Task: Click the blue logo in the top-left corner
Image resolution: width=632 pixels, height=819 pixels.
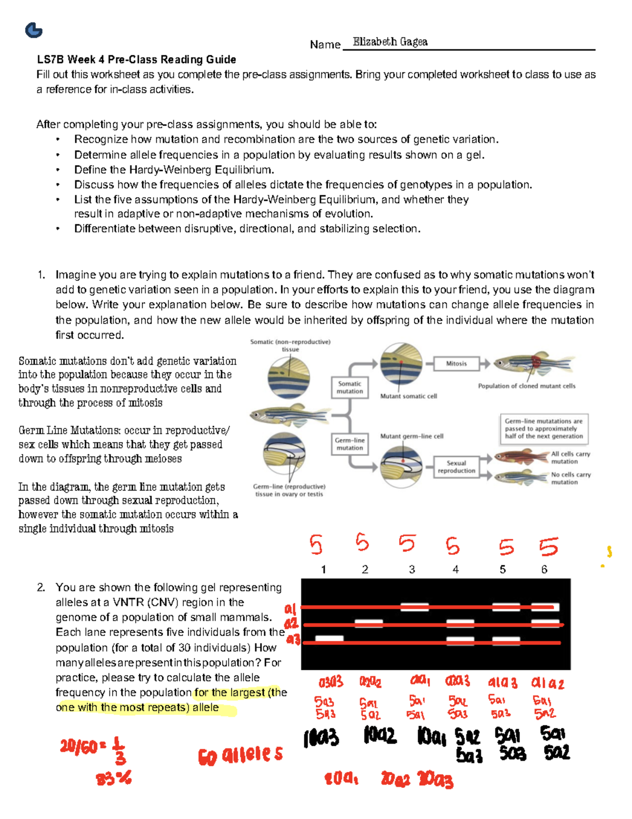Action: [x=34, y=30]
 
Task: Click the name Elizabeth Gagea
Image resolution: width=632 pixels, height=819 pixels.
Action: [x=390, y=42]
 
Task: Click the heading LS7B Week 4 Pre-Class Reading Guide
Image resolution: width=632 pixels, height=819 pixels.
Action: [x=136, y=60]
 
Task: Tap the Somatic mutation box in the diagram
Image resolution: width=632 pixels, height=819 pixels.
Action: [x=350, y=388]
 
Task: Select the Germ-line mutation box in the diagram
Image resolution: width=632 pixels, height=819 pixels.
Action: [x=350, y=444]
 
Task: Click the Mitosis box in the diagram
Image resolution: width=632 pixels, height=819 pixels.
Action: [x=456, y=363]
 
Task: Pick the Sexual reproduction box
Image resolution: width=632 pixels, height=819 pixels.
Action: [x=456, y=467]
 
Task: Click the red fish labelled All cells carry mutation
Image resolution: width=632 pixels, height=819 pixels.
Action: [x=521, y=457]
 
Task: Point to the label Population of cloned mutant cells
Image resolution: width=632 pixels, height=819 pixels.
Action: [x=527, y=386]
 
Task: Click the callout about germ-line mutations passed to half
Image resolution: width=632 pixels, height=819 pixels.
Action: [x=544, y=429]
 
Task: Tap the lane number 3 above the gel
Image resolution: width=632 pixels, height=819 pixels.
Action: [x=412, y=570]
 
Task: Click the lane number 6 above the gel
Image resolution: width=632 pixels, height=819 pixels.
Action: [x=544, y=570]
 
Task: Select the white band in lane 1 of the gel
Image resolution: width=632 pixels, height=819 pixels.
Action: [x=329, y=639]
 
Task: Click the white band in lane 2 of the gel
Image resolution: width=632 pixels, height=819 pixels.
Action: [x=369, y=624]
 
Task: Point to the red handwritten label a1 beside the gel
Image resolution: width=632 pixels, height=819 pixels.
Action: [x=290, y=609]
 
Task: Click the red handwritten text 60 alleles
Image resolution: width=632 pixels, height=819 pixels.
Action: [x=240, y=756]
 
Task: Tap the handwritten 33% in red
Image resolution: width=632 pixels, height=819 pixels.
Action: [x=113, y=778]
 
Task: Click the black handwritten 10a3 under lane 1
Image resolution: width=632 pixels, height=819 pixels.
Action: [x=321, y=737]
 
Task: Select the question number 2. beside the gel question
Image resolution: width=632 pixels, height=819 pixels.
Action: [x=41, y=587]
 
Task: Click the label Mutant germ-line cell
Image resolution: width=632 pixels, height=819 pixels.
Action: [x=411, y=436]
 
